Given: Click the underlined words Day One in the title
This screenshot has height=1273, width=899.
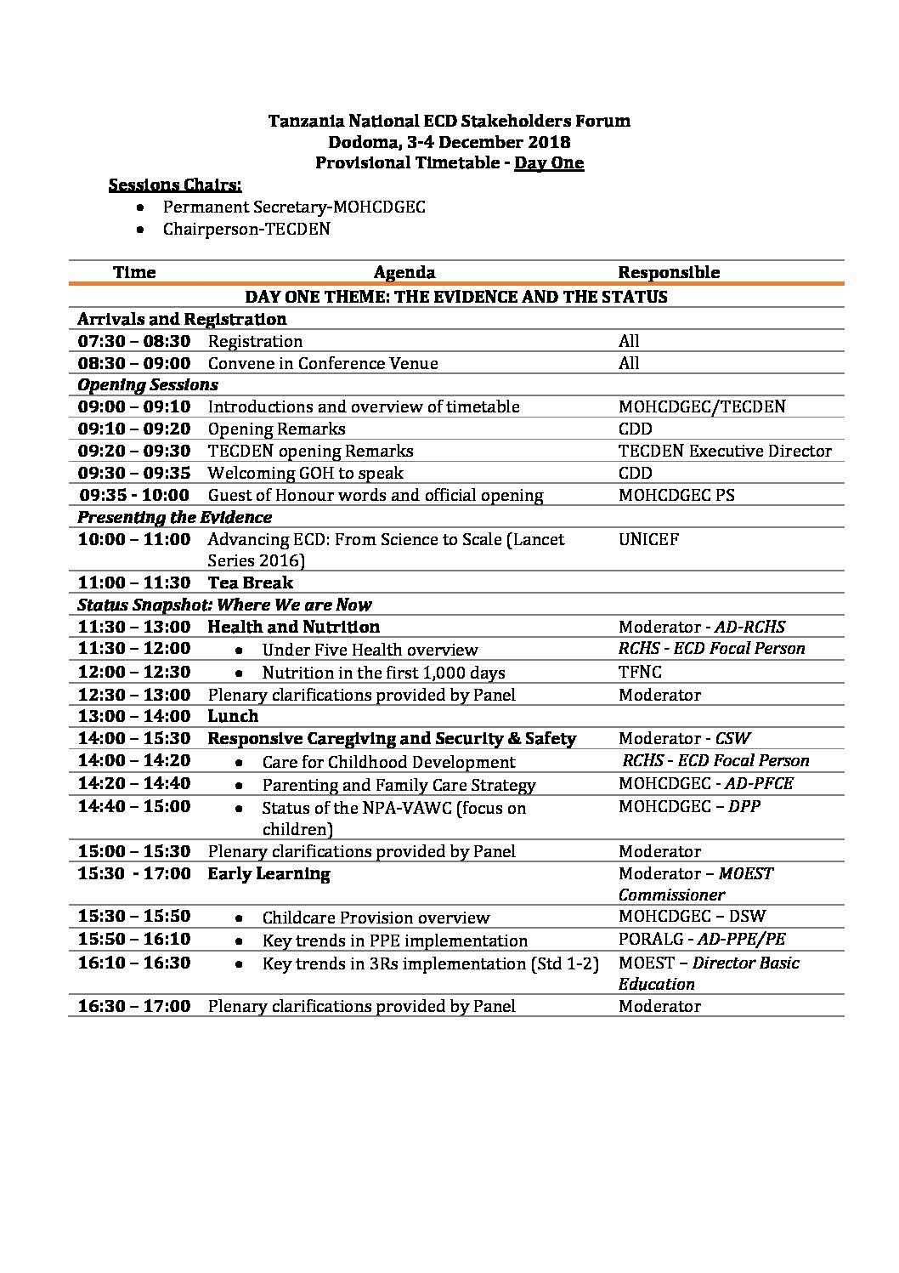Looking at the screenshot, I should tap(549, 163).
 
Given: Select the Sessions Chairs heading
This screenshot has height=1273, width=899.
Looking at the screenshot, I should tap(175, 185).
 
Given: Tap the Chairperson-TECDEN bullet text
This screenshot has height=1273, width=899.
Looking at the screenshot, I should tap(246, 230).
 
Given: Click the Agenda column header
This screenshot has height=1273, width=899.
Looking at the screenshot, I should tap(404, 273).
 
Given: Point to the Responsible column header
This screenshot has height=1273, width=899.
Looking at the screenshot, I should tap(669, 273).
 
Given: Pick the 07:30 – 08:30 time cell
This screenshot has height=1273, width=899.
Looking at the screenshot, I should tap(134, 342).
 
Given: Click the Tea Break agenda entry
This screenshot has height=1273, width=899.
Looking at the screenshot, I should tap(251, 583).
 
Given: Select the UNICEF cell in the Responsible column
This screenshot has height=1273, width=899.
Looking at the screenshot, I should tap(648, 539).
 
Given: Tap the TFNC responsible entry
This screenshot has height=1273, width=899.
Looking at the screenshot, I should tap(640, 672).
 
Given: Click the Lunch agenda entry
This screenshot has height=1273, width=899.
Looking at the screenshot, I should tap(233, 717).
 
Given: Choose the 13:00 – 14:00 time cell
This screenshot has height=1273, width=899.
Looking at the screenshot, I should tap(134, 717).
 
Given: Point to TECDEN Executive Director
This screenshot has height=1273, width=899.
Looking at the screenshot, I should tap(725, 452).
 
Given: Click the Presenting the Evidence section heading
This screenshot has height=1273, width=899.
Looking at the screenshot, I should tap(175, 518).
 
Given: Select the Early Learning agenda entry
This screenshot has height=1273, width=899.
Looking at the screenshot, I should tap(269, 874).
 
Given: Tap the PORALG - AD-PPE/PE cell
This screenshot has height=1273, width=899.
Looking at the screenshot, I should tap(702, 940).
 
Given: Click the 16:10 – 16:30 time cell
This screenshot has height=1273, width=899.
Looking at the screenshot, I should tap(134, 963).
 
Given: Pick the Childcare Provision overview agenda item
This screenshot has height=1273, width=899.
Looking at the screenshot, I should tap(376, 918).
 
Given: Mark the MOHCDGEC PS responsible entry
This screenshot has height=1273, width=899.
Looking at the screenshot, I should tap(676, 496).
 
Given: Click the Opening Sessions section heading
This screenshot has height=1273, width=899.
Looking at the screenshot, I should tap(148, 385).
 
